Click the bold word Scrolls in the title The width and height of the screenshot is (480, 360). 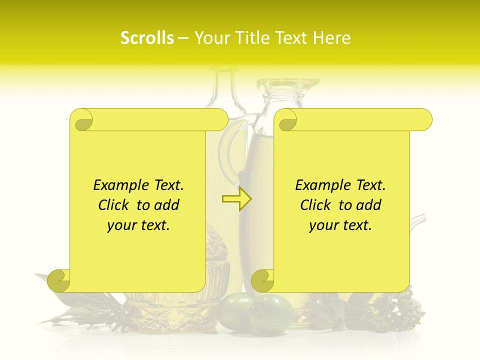(147, 38)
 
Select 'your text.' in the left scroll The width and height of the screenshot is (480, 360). (138, 225)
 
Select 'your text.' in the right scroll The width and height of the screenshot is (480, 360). (340, 225)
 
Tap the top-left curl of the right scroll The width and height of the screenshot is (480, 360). (286, 120)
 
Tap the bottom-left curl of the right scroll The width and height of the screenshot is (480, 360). (262, 280)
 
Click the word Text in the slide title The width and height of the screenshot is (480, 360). (292, 38)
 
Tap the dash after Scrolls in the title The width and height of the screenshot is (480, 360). (183, 38)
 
